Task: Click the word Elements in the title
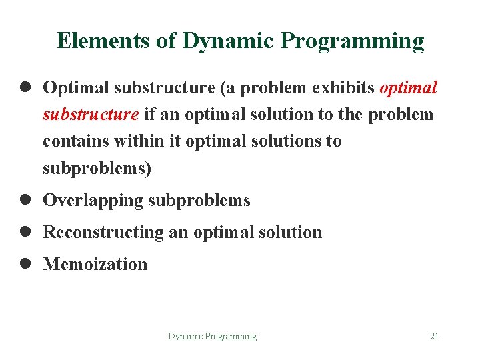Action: tap(103, 41)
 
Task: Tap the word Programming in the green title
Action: tap(352, 41)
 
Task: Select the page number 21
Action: tap(434, 336)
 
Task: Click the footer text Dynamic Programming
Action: tap(212, 336)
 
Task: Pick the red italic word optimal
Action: tap(408, 88)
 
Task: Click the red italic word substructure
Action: tap(91, 115)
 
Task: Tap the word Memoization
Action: tap(95, 264)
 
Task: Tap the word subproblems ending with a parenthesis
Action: tap(97, 169)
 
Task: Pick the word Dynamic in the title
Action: tap(227, 41)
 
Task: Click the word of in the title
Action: tap(166, 41)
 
